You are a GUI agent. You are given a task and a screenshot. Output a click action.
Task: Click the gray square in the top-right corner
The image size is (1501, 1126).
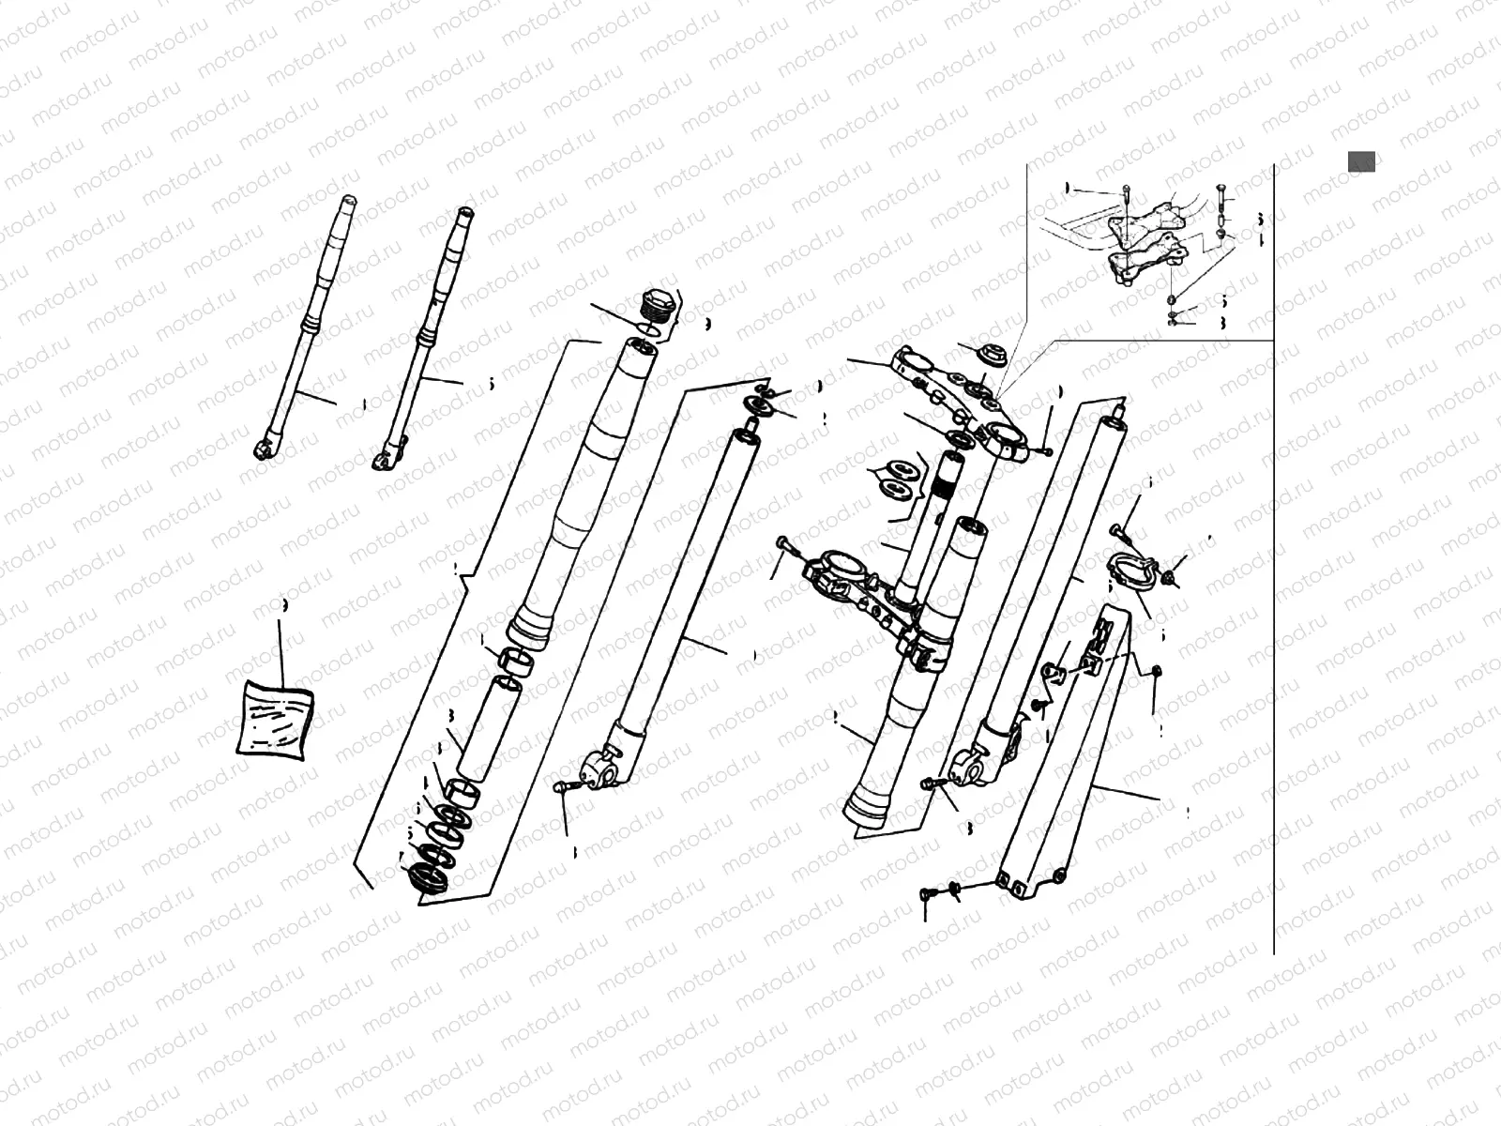point(1361,161)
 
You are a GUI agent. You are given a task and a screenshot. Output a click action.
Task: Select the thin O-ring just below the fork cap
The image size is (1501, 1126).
point(644,329)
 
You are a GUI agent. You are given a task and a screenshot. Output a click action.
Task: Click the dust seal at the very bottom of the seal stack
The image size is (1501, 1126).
point(427,879)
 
